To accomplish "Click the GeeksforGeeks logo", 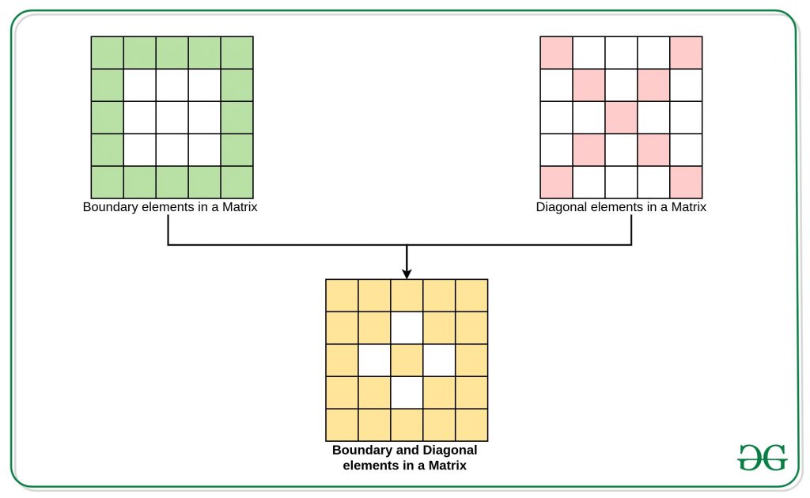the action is click(763, 457).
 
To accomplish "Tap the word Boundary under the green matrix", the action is click(110, 207).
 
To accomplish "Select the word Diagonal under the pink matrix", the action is click(561, 207).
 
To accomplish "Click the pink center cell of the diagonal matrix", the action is click(621, 118).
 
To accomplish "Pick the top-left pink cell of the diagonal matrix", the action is click(556, 53).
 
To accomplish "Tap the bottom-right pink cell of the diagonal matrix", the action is click(686, 182).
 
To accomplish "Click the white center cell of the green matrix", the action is click(172, 118).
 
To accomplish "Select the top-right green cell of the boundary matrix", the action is click(237, 53).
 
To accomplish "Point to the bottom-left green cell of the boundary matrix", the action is click(108, 182).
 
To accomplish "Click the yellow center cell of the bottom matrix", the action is click(407, 360).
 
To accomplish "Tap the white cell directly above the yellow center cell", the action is click(407, 328).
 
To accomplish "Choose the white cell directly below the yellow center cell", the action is click(407, 393).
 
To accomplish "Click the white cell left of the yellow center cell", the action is click(374, 360).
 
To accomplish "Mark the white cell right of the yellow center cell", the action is click(439, 360).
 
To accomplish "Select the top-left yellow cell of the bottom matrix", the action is click(342, 296).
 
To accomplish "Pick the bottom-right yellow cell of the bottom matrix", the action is click(471, 425).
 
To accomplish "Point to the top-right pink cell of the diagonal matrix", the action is click(686, 53).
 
